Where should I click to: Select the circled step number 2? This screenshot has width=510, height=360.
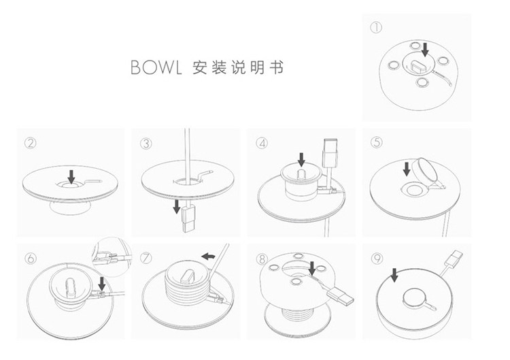[30, 142]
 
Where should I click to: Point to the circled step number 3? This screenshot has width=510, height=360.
[146, 142]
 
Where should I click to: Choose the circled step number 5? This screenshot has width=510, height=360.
[378, 142]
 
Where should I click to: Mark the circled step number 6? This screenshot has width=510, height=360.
[30, 258]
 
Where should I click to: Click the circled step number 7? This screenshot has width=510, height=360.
[146, 258]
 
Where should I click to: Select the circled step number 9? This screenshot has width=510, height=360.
[378, 258]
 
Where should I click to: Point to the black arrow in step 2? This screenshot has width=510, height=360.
[72, 174]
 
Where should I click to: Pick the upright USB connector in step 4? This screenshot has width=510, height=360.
[330, 152]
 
